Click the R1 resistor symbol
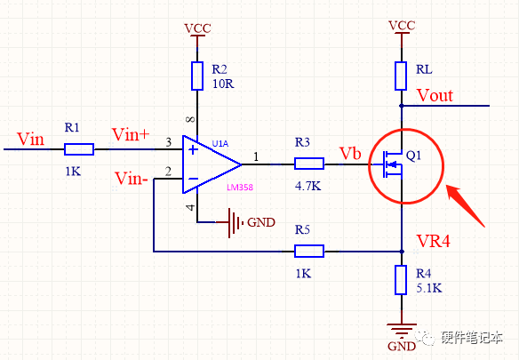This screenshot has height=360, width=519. (x=79, y=149)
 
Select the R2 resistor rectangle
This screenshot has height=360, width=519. (x=197, y=76)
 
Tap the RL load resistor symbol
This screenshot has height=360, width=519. (x=401, y=76)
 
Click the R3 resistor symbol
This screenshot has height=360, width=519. (x=309, y=164)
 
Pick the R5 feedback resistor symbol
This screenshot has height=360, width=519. (x=309, y=251)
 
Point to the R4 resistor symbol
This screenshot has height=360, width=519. (x=401, y=280)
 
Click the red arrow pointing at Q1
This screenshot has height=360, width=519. (x=465, y=205)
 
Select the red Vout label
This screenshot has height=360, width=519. (x=435, y=95)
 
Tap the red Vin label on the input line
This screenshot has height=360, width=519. (x=30, y=139)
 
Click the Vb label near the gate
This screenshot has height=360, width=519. (x=350, y=154)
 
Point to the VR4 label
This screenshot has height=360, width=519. (x=434, y=241)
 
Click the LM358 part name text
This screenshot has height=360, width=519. (x=240, y=188)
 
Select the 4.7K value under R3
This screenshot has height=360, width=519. (x=307, y=186)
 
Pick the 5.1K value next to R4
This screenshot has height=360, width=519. (x=429, y=288)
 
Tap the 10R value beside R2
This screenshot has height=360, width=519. (x=223, y=84)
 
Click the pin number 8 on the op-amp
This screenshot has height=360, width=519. (x=191, y=119)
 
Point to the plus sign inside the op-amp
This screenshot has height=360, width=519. (x=193, y=149)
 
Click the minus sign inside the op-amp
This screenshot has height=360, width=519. (x=193, y=179)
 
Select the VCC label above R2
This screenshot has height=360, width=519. (x=197, y=28)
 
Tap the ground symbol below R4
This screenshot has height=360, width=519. (x=401, y=330)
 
